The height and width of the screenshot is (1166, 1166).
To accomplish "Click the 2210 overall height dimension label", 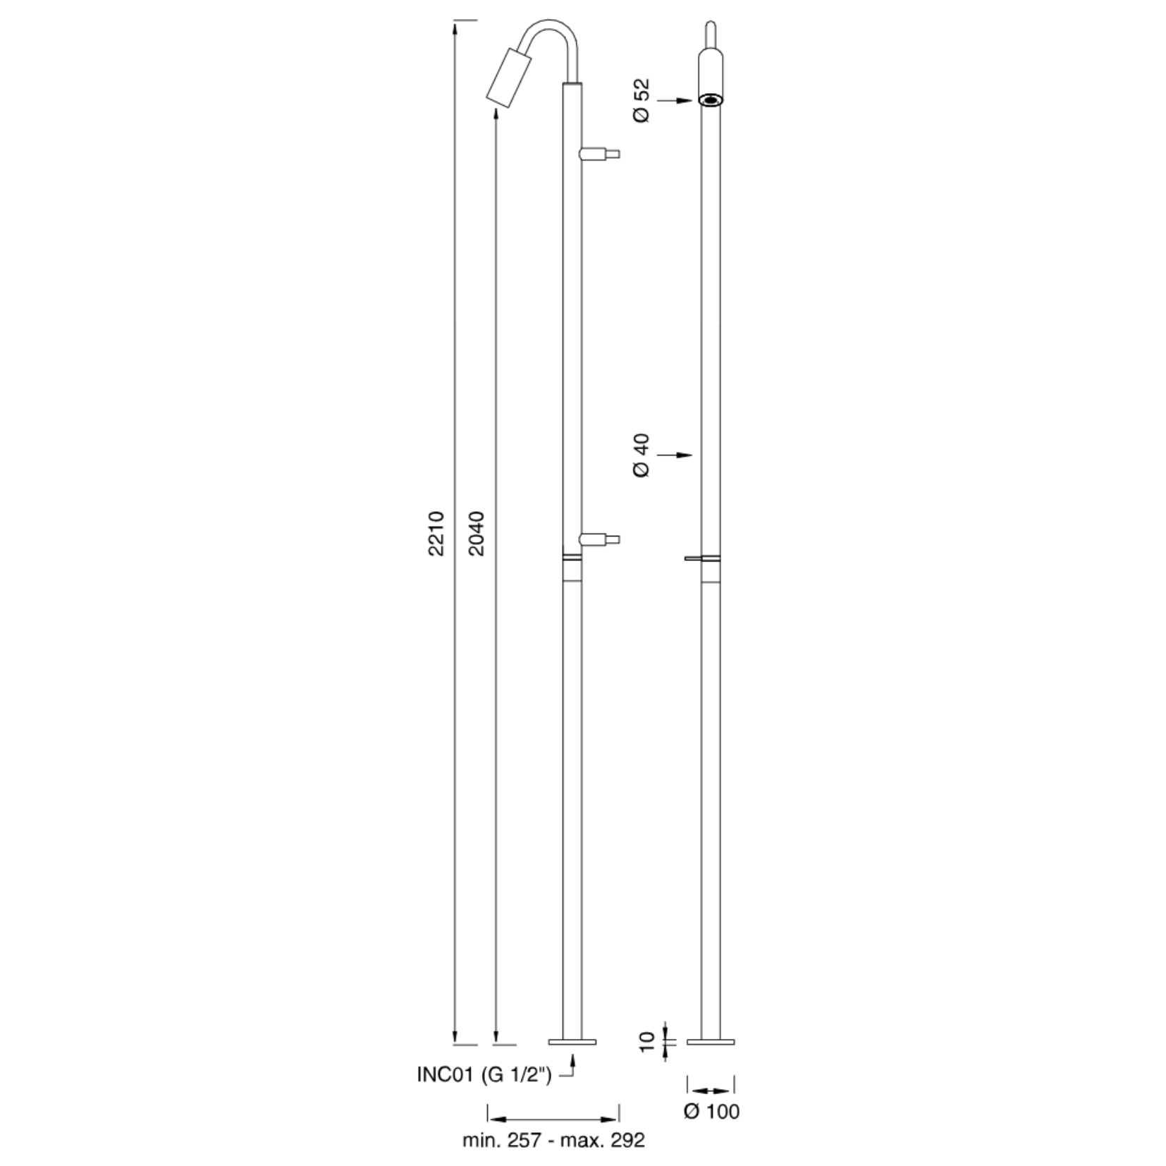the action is (x=436, y=533).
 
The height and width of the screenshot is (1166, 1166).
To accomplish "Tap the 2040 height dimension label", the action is (x=477, y=533).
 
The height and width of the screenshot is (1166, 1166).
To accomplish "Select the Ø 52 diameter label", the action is (x=642, y=101).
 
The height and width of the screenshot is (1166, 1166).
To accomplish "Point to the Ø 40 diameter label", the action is (x=642, y=455).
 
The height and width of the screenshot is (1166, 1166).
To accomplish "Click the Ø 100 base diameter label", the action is (x=711, y=1111).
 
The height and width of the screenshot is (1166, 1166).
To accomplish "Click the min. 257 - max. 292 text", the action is (x=553, y=1141).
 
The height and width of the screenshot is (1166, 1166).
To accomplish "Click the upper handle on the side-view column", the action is (x=599, y=153).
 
